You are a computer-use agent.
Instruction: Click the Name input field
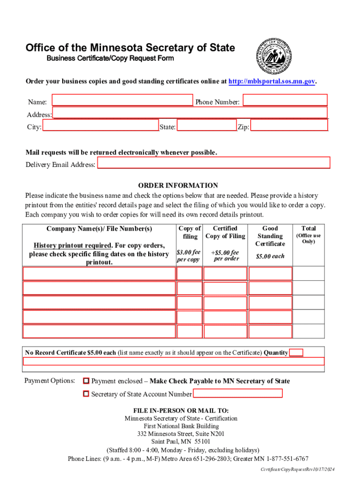pos(122,101)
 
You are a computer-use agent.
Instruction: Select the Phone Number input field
pos(285,101)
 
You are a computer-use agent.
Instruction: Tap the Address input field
pos(190,113)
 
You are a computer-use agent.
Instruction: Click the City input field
pos(100,126)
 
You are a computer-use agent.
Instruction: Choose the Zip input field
pos(289,126)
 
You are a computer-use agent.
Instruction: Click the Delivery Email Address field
pos(214,163)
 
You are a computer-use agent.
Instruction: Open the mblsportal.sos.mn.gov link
pos(272,81)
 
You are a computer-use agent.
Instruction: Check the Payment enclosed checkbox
pos(86,381)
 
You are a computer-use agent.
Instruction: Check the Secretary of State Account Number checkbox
pos(86,394)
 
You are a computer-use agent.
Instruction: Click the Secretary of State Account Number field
pos(238,393)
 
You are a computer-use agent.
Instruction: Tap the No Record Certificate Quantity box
pos(296,353)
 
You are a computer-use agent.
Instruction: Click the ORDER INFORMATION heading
pos(178,185)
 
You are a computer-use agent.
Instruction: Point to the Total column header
pos(309,228)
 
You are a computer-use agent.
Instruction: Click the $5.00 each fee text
pos(270,256)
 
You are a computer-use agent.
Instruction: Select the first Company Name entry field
pos(98,273)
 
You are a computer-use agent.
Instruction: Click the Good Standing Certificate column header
pos(270,236)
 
